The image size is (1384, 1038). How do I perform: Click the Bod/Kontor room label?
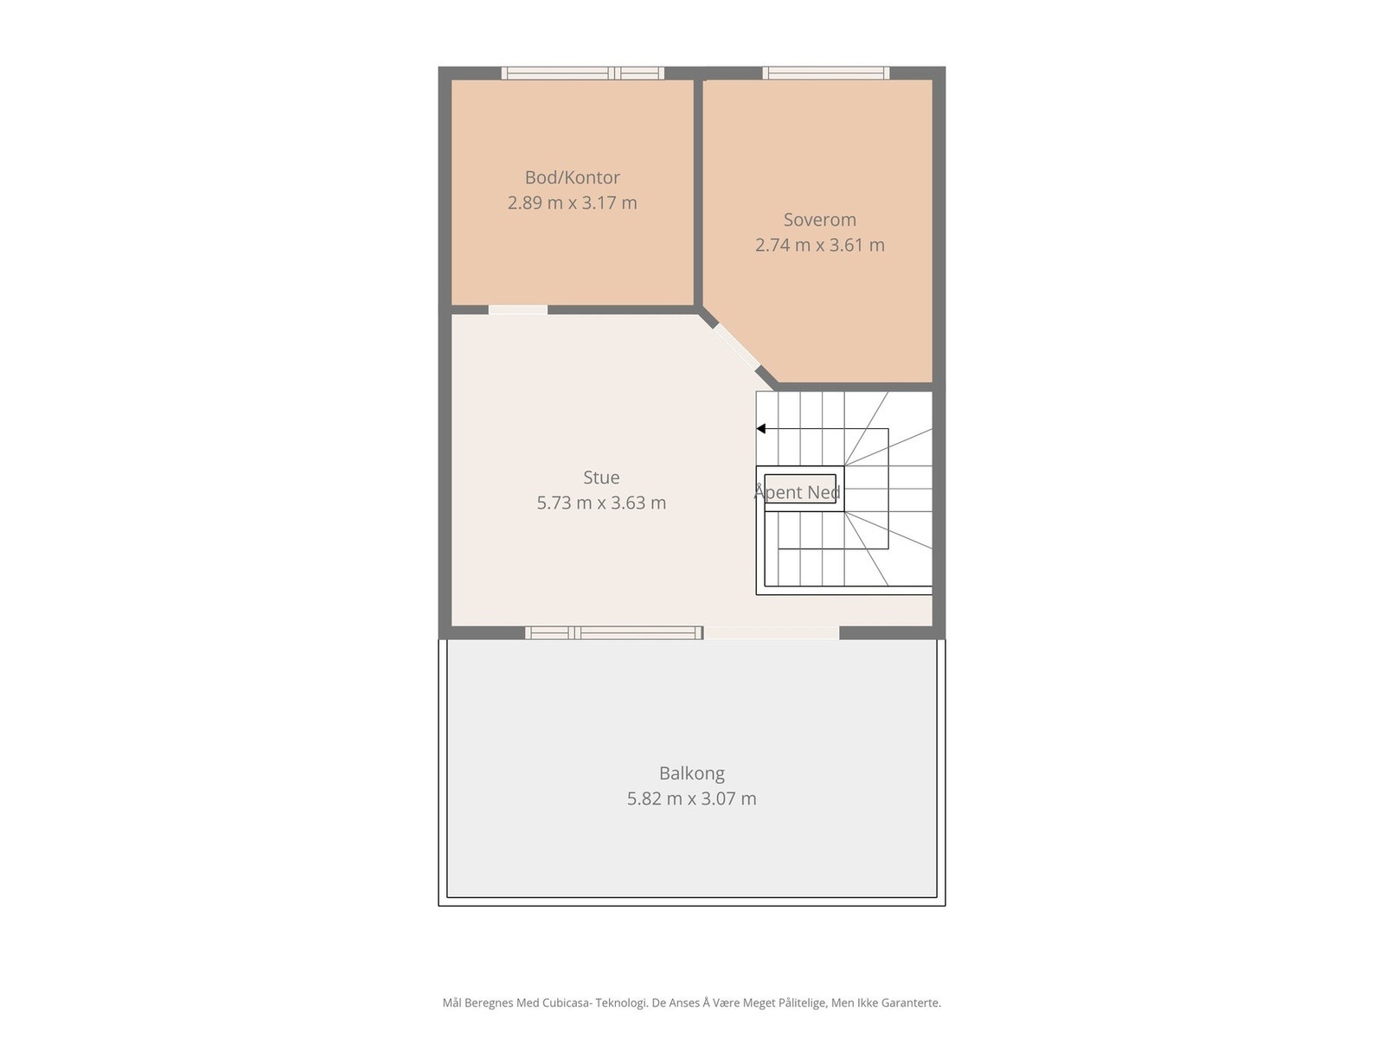point(572,177)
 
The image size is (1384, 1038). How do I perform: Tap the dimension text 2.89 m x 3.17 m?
point(572,203)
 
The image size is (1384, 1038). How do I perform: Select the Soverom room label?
point(819,220)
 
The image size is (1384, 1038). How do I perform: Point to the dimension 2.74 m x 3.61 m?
point(819,246)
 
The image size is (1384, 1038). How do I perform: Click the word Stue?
point(601,477)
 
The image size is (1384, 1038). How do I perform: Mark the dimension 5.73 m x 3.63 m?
point(601,503)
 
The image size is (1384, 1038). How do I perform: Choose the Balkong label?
point(691,773)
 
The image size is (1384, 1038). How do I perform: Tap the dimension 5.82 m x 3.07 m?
point(691,799)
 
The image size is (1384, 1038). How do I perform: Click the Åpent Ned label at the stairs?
point(797,493)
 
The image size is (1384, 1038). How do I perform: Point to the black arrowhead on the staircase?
point(761,429)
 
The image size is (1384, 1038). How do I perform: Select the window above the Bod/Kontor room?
point(583,74)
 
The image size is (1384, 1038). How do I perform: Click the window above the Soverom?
point(825,74)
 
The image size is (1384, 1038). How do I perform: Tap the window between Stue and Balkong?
point(613,633)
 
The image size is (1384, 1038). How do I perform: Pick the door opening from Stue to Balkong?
point(771,633)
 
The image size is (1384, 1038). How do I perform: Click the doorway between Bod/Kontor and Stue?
point(517,310)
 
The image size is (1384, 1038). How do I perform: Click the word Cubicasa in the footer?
point(566,1003)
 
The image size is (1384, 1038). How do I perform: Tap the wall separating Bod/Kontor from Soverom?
point(698,190)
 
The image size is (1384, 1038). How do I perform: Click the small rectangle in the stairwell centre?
point(800,488)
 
